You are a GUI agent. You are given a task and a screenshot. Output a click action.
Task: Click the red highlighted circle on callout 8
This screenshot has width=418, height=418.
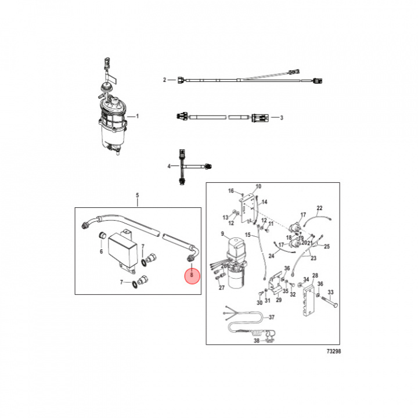192,276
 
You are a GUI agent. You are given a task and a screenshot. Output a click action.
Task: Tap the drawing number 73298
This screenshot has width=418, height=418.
334,351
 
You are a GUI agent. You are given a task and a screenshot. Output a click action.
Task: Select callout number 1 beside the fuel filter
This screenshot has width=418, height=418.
137,116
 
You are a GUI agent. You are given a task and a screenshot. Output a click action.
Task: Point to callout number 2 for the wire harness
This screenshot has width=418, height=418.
164,80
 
